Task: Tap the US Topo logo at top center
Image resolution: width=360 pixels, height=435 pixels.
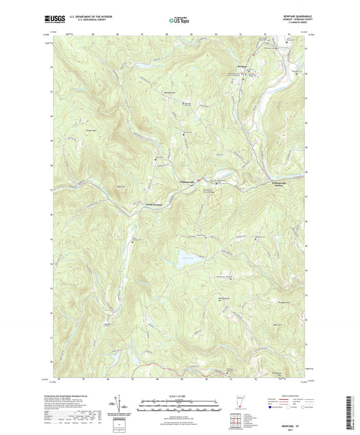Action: pos(179,21)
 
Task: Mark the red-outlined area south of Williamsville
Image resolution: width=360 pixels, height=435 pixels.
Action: pos(212,200)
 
